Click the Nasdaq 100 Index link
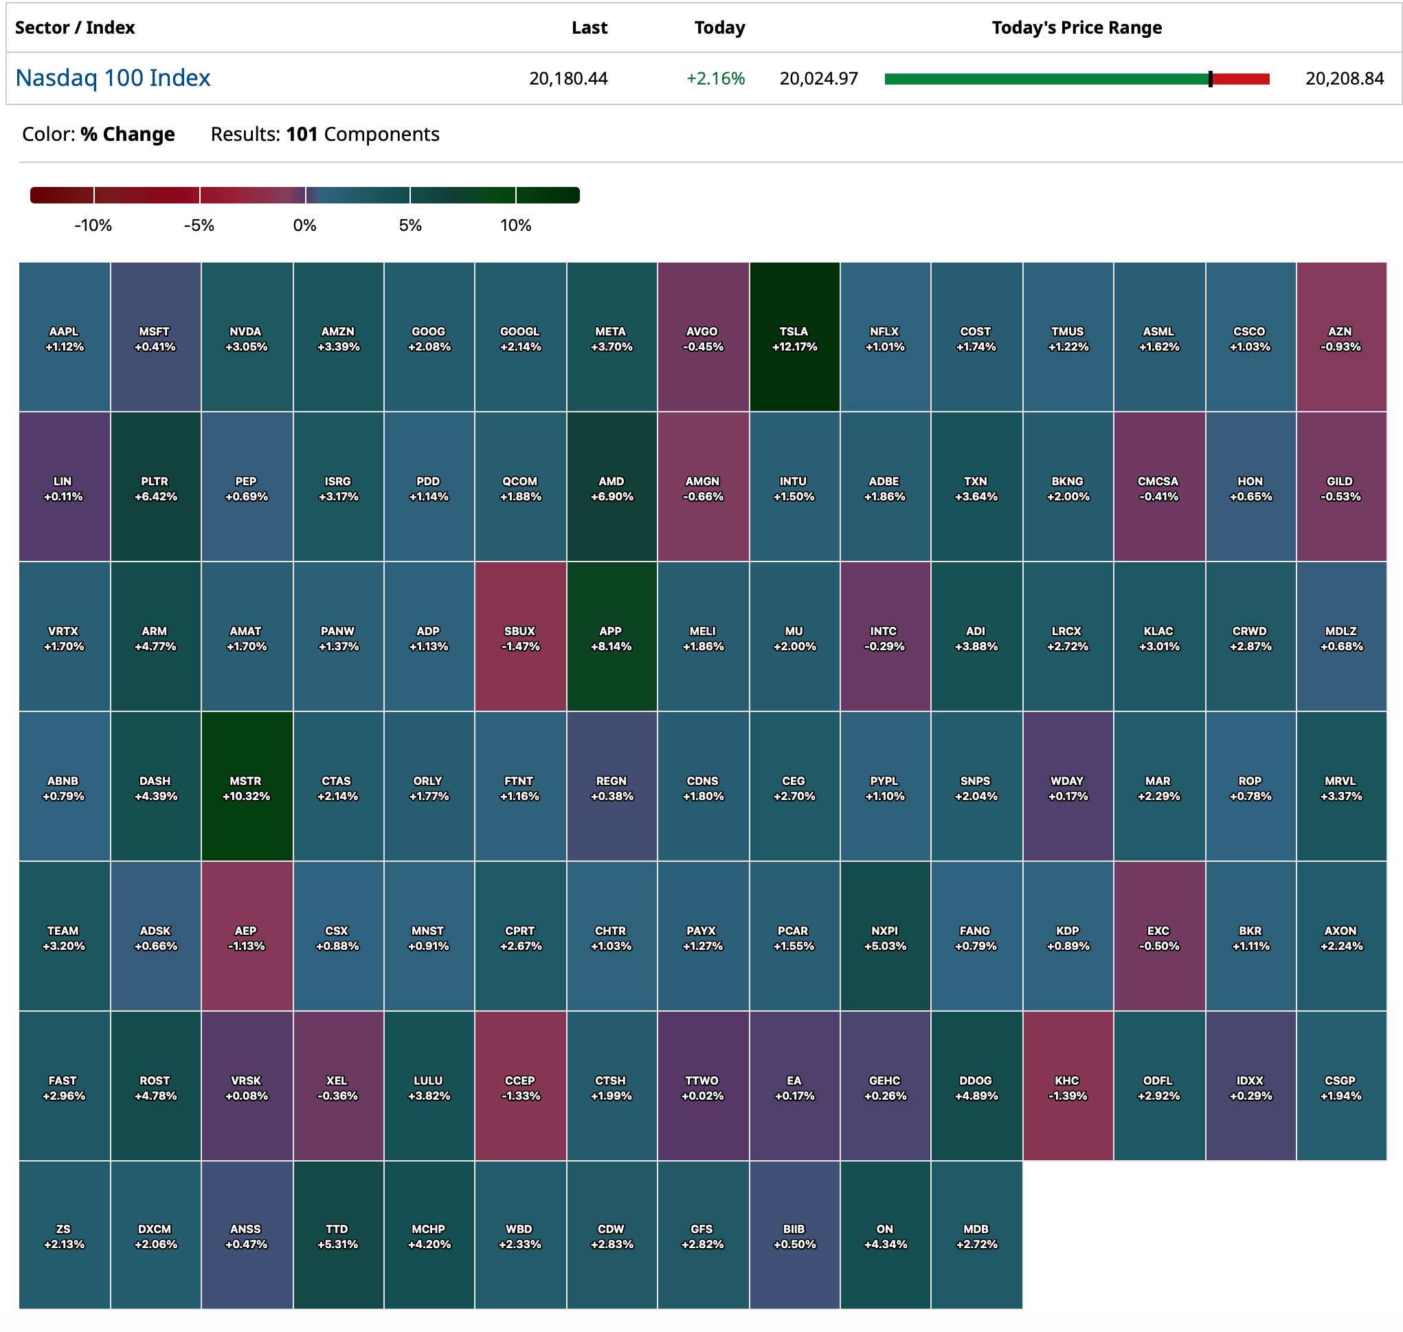pos(113,78)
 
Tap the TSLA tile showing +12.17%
pos(794,337)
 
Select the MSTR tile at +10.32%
pos(246,787)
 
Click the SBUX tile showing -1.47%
pos(519,637)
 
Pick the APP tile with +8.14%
pos(611,637)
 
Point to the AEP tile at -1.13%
pos(246,937)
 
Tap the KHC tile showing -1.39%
pos(1066,1087)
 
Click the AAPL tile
pos(64,337)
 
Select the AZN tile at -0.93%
pos(1340,337)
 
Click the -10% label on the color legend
pos(93,226)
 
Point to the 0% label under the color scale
pos(304,226)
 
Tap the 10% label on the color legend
pos(515,226)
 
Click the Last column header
pos(589,27)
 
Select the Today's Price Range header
pos(1076,27)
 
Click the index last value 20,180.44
pos(568,78)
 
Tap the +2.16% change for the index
pos(715,78)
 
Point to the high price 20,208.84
pos(1344,78)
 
